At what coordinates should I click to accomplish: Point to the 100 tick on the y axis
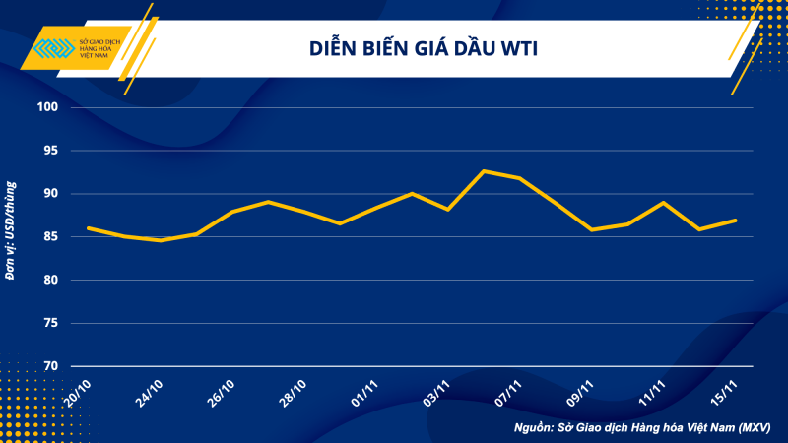[49, 107]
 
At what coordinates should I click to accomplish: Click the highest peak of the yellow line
[484, 171]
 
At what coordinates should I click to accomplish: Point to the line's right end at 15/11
[736, 221]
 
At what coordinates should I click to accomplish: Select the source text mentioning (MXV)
[641, 428]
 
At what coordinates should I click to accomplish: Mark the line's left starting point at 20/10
[89, 228]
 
